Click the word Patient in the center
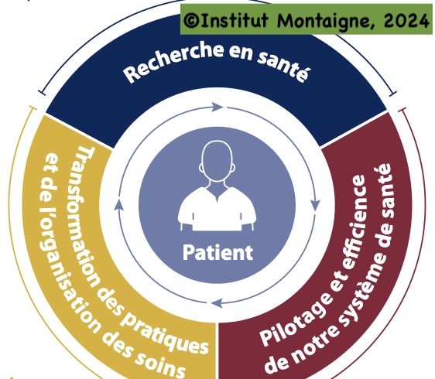click(217, 253)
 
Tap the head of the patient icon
click(217, 162)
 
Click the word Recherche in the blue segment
click(174, 61)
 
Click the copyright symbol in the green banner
click(191, 20)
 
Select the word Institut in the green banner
click(235, 20)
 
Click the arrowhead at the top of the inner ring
click(217, 107)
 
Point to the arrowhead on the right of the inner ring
click(315, 205)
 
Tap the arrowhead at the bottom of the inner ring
click(217, 302)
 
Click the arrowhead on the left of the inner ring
click(118, 204)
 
